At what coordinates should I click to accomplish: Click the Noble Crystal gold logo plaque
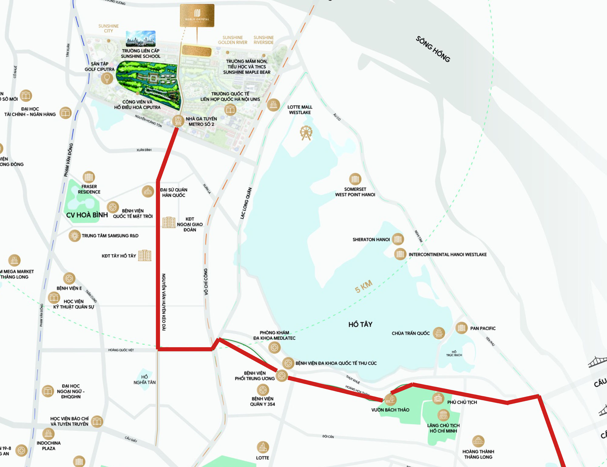pos(197,15)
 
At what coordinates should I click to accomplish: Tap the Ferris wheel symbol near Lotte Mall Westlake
pos(306,133)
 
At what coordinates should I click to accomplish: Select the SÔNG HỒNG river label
pos(433,49)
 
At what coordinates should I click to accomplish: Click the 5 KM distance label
pos(364,286)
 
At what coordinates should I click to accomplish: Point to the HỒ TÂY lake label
pos(360,324)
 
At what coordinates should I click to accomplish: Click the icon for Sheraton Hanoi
pos(398,239)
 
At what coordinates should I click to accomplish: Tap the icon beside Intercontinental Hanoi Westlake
pos(400,254)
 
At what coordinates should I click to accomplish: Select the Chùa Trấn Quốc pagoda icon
pos(439,333)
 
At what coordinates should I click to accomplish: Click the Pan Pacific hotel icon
pos(461,328)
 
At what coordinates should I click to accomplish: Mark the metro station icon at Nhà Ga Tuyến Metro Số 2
pos(178,120)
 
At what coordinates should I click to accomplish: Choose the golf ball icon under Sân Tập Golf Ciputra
pos(107,78)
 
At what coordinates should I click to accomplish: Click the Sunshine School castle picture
pos(141,39)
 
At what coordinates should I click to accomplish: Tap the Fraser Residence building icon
pos(89,177)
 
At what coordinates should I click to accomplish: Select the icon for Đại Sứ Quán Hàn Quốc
pos(148,191)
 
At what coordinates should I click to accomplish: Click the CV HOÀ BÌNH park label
pos(87,215)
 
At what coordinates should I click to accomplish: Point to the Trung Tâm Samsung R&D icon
pos(74,235)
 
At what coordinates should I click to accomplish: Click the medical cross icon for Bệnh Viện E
pos(69,278)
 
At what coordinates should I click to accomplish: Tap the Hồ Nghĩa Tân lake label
pos(144,380)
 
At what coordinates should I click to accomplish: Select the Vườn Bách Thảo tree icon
pos(391,399)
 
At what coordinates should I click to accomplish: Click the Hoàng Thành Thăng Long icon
pos(478,441)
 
